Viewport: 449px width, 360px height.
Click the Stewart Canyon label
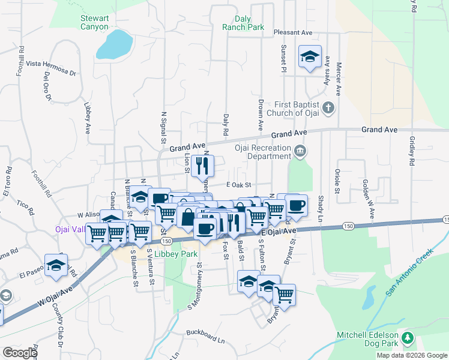(x=95, y=22)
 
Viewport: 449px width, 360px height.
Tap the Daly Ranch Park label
(x=243, y=23)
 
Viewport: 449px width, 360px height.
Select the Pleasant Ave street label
(x=294, y=32)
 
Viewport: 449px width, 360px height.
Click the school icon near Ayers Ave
(x=310, y=57)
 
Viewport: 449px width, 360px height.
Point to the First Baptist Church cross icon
(x=327, y=108)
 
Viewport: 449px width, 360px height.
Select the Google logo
(x=20, y=353)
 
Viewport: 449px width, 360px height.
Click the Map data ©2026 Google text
(x=412, y=355)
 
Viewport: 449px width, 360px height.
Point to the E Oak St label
(x=238, y=185)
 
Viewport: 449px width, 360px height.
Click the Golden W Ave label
(x=367, y=199)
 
